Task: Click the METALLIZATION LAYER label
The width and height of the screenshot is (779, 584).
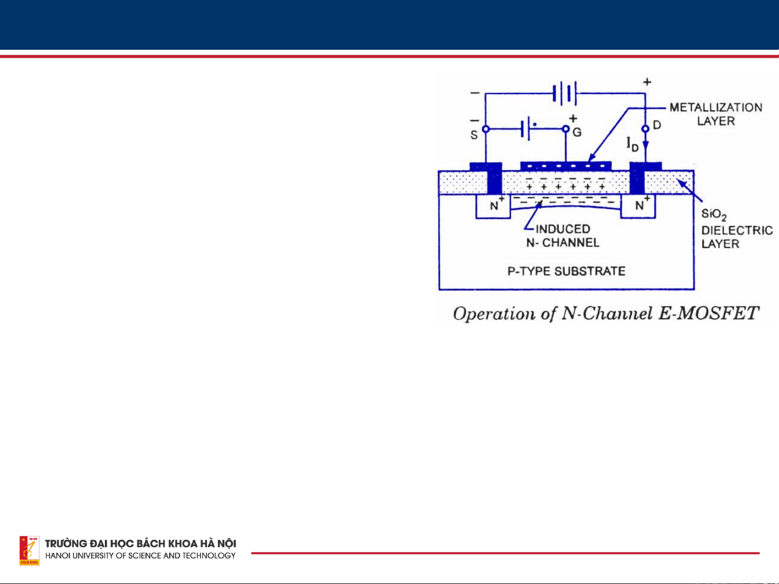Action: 715,114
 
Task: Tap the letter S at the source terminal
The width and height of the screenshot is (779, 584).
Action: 474,135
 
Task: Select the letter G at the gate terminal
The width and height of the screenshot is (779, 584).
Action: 577,132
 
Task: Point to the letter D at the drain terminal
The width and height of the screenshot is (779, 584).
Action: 657,125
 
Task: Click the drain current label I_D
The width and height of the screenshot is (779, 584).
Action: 632,144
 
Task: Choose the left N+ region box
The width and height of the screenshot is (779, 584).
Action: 493,206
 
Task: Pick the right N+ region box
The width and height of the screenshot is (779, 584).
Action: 638,206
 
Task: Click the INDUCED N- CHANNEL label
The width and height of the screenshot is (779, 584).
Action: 563,236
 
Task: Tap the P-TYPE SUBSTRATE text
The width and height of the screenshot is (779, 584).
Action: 566,271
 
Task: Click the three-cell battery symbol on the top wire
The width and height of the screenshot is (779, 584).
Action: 565,93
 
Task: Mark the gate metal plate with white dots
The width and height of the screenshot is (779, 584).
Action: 565,165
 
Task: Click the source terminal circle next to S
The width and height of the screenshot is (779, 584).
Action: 485,130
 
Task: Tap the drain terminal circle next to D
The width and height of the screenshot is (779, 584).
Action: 645,129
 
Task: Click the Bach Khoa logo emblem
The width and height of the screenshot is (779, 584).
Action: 29,551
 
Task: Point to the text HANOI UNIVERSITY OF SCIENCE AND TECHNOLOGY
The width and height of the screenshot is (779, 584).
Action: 148,556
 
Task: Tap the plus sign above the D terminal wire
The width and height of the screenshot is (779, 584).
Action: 647,82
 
